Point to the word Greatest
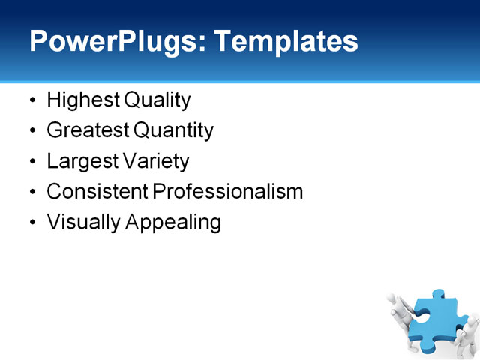pyautogui.click(x=87, y=130)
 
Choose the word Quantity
pyautogui.click(x=173, y=130)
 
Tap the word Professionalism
pyautogui.click(x=227, y=191)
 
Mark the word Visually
pyautogui.click(x=81, y=223)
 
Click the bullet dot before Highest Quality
pyautogui.click(x=31, y=100)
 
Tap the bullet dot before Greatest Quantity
pyautogui.click(x=31, y=131)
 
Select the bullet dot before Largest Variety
pyautogui.click(x=31, y=162)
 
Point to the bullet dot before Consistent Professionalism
pyautogui.click(x=31, y=192)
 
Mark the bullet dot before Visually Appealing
pyautogui.click(x=31, y=223)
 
